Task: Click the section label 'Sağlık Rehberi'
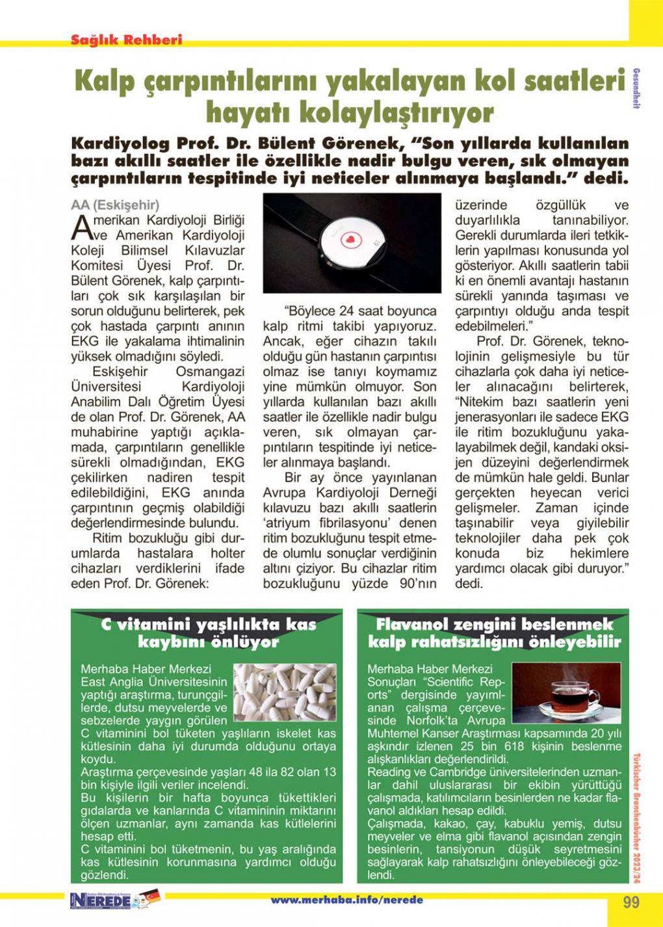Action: [127, 39]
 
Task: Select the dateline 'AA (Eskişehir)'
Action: [115, 205]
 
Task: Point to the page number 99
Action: [630, 902]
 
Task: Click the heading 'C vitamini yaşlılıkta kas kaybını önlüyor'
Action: [208, 633]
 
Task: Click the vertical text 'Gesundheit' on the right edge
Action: [636, 88]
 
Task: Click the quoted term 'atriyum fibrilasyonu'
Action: [350, 523]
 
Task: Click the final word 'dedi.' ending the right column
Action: [469, 583]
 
